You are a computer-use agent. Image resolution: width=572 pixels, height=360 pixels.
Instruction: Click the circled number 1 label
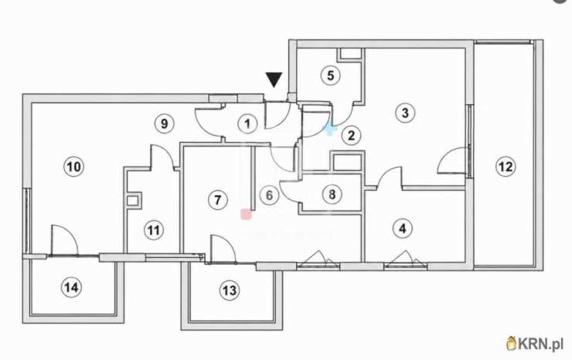(x=247, y=124)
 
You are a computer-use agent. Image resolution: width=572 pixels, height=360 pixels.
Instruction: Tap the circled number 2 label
(x=351, y=136)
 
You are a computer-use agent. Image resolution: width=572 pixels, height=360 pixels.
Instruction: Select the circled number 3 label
(x=405, y=113)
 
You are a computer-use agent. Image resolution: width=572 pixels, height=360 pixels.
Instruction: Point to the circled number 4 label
(x=403, y=229)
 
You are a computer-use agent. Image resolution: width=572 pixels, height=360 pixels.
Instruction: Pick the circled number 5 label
(x=331, y=76)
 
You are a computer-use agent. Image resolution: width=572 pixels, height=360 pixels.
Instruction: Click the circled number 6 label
(x=269, y=195)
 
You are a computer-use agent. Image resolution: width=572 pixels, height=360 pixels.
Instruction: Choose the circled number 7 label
(x=218, y=200)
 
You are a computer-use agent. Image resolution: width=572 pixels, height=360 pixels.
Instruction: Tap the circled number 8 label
(x=332, y=194)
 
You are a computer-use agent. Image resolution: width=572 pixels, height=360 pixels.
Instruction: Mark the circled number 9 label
(x=165, y=124)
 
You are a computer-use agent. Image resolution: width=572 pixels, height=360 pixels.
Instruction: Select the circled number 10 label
(x=74, y=167)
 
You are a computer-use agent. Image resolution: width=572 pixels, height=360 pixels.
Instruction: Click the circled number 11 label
(x=154, y=230)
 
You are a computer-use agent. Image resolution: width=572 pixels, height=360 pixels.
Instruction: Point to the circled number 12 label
(x=506, y=167)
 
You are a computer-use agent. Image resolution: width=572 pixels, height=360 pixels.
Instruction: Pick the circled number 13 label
(x=230, y=290)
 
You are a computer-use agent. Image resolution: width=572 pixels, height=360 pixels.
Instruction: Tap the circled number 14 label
(x=71, y=287)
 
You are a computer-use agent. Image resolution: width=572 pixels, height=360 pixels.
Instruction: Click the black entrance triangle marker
(x=274, y=80)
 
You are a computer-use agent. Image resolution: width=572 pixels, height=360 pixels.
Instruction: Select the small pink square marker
(x=247, y=214)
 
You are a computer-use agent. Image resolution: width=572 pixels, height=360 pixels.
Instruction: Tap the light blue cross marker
(x=330, y=130)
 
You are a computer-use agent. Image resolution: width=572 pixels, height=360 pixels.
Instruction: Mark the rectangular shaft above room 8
(x=347, y=161)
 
